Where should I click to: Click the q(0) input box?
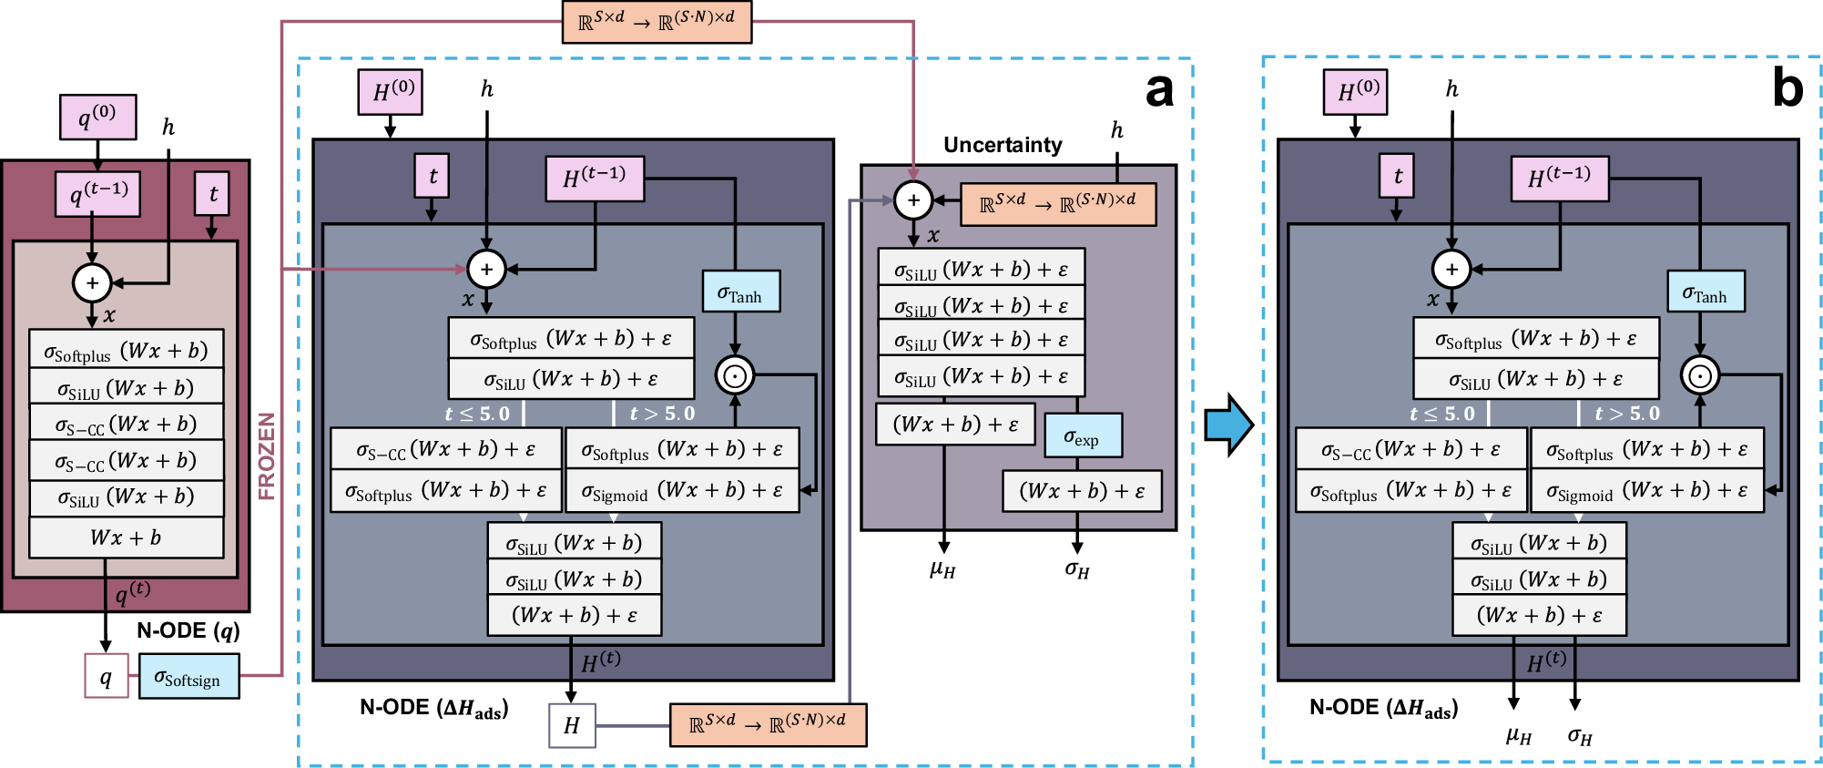click(x=97, y=117)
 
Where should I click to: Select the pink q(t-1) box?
click(x=97, y=193)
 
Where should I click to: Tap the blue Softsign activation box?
click(x=188, y=677)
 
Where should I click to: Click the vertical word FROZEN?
click(x=266, y=456)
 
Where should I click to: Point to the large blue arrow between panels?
click(x=1228, y=424)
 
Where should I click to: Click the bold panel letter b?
click(x=1787, y=89)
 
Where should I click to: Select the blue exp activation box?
click(x=1082, y=436)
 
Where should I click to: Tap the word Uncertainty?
click(x=1002, y=145)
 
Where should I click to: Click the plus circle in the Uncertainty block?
click(x=913, y=200)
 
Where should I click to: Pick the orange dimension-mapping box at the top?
click(x=657, y=21)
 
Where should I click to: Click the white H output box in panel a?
click(x=572, y=725)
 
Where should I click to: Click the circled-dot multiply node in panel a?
click(x=735, y=374)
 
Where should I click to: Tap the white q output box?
click(x=107, y=676)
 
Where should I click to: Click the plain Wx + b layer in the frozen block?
click(x=126, y=538)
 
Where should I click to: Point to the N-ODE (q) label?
click(x=188, y=630)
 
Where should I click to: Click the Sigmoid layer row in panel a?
click(x=682, y=491)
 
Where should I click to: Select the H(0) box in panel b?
click(x=1355, y=91)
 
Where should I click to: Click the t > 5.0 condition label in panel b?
click(x=1626, y=414)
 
